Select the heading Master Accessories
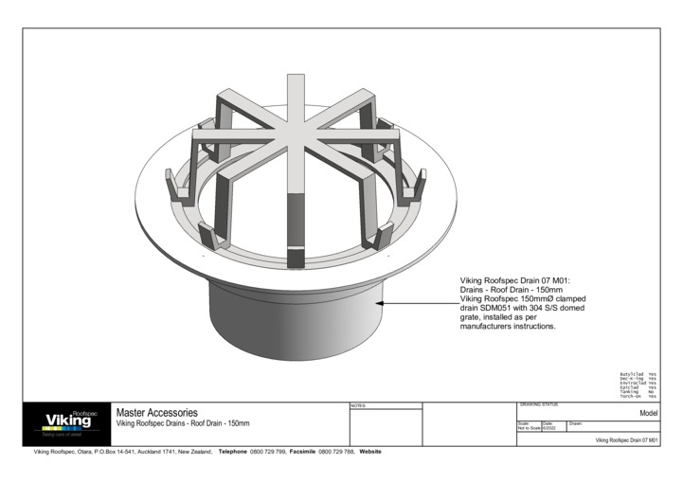point(156,413)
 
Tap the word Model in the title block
point(648,414)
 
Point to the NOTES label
point(358,406)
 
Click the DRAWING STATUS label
point(539,405)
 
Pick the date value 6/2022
point(548,429)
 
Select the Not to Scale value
point(529,429)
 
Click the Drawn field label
point(576,423)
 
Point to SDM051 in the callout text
point(500,308)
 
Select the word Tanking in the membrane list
point(628,392)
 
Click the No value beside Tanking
point(652,392)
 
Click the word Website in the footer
point(370,452)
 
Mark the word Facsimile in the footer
point(309,452)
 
